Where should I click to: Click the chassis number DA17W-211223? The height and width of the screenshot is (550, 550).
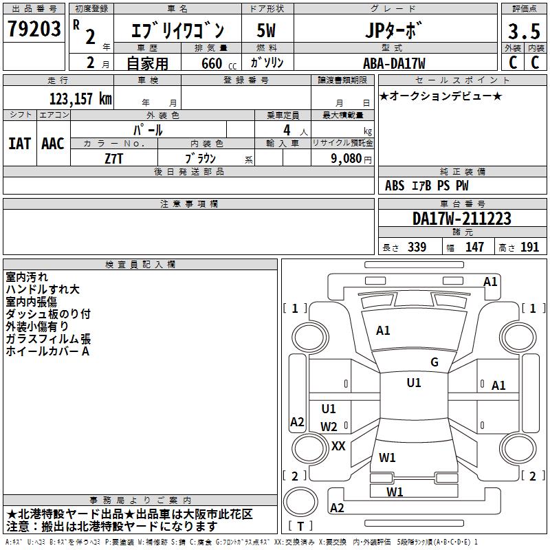(461, 219)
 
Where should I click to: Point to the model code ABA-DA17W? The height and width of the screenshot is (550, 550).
(394, 63)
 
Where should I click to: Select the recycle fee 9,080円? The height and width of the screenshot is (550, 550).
(351, 158)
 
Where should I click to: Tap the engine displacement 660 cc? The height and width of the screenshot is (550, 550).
(209, 64)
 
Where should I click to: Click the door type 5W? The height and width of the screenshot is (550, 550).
(267, 30)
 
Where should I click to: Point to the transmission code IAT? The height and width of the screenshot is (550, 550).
(19, 143)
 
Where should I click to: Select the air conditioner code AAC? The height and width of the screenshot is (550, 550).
(53, 143)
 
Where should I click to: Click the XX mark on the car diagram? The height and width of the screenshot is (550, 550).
(338, 445)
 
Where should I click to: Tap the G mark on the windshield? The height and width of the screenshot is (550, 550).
(434, 362)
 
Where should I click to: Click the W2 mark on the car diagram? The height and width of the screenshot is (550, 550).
(329, 427)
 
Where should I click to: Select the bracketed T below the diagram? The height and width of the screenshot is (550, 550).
(300, 527)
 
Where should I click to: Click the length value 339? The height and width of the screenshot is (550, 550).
(417, 247)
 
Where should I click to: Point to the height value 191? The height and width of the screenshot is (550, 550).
(530, 247)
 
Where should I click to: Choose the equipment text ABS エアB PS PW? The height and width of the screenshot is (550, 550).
(418, 186)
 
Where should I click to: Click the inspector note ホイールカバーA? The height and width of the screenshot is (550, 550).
(47, 351)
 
